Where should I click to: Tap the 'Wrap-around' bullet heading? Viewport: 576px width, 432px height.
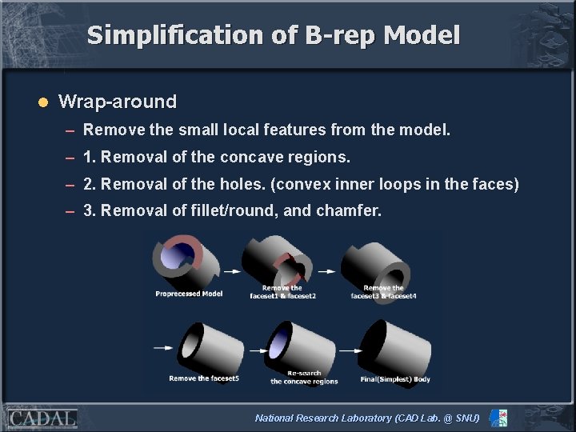(x=118, y=102)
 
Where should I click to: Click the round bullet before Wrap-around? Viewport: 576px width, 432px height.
(x=44, y=102)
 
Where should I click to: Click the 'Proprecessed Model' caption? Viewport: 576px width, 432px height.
(x=189, y=294)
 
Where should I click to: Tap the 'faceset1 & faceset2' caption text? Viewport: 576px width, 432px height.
(x=282, y=296)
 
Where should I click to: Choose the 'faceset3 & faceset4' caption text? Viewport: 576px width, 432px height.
(x=383, y=296)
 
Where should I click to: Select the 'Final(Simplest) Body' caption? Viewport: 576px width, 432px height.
(x=394, y=378)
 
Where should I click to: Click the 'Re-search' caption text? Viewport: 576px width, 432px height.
(x=304, y=374)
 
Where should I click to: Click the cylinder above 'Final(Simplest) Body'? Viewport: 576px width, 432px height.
(x=391, y=346)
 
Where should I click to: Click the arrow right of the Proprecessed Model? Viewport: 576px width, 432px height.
(x=232, y=271)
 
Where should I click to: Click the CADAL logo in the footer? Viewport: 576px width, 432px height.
(x=42, y=418)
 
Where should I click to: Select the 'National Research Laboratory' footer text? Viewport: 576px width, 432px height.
(x=323, y=418)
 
